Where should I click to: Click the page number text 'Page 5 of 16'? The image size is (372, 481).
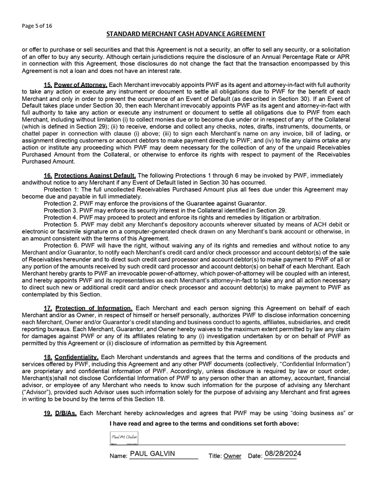(37, 26)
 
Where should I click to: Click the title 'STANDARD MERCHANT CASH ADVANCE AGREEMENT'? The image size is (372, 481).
(186, 34)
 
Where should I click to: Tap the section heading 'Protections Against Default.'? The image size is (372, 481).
(95, 175)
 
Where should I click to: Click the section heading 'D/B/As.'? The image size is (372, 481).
(67, 414)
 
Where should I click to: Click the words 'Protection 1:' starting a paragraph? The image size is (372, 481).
(62, 189)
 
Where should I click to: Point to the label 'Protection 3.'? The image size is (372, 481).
(61, 210)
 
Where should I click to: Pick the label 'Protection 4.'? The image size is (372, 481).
(61, 217)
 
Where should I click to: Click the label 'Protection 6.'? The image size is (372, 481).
(61, 245)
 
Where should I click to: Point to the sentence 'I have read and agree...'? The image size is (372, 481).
(205, 424)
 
